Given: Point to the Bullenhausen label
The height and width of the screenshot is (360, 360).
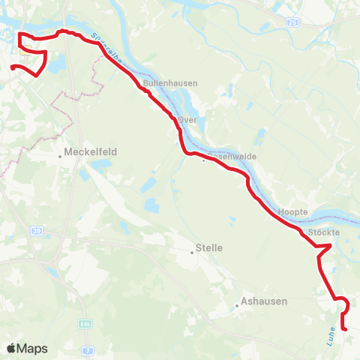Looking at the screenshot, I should (164, 85).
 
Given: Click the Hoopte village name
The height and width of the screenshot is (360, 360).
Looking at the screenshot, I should (292, 212).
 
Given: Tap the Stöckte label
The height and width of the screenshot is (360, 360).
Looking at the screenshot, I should (325, 233).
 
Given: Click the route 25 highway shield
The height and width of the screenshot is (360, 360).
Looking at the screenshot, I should (292, 23).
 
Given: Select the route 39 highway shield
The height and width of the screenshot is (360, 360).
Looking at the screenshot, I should (37, 232).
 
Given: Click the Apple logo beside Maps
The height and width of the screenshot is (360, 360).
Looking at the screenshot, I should (11, 348).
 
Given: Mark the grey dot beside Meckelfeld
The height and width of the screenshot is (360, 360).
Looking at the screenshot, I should (61, 157).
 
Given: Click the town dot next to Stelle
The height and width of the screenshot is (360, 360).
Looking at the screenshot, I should (192, 253).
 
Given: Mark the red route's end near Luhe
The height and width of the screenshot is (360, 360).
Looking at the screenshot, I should (343, 328).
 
